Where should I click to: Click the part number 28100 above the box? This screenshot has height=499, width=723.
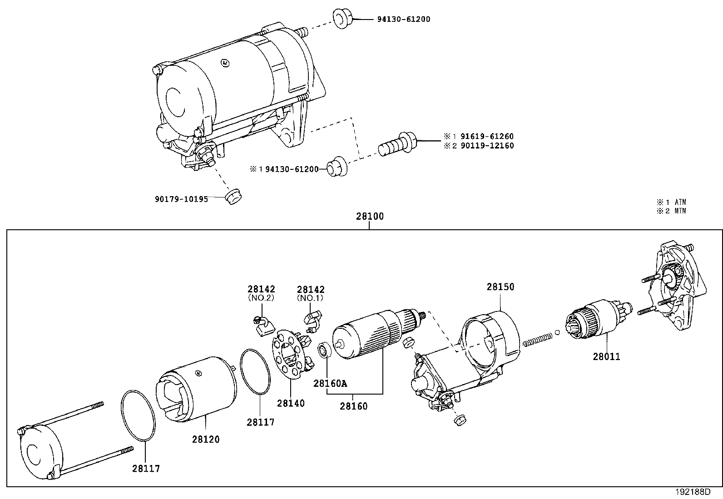tap(369, 217)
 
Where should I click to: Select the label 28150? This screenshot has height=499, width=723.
tap(500, 287)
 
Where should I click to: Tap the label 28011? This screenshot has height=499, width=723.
tap(606, 356)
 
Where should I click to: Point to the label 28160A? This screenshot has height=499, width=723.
tap(330, 383)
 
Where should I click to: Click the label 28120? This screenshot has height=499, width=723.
tap(205, 439)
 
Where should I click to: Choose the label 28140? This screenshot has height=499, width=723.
tap(291, 403)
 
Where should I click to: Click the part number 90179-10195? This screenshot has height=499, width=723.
tap(181, 199)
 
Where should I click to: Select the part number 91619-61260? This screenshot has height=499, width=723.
tap(487, 136)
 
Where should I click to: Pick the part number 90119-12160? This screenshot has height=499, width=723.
tap(487, 146)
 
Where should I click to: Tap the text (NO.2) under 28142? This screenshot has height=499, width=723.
tap(261, 298)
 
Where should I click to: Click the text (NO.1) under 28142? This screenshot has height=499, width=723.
tap(311, 298)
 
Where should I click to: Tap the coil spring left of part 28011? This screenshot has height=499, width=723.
tap(538, 339)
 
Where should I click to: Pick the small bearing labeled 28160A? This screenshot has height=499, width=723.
tap(324, 350)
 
